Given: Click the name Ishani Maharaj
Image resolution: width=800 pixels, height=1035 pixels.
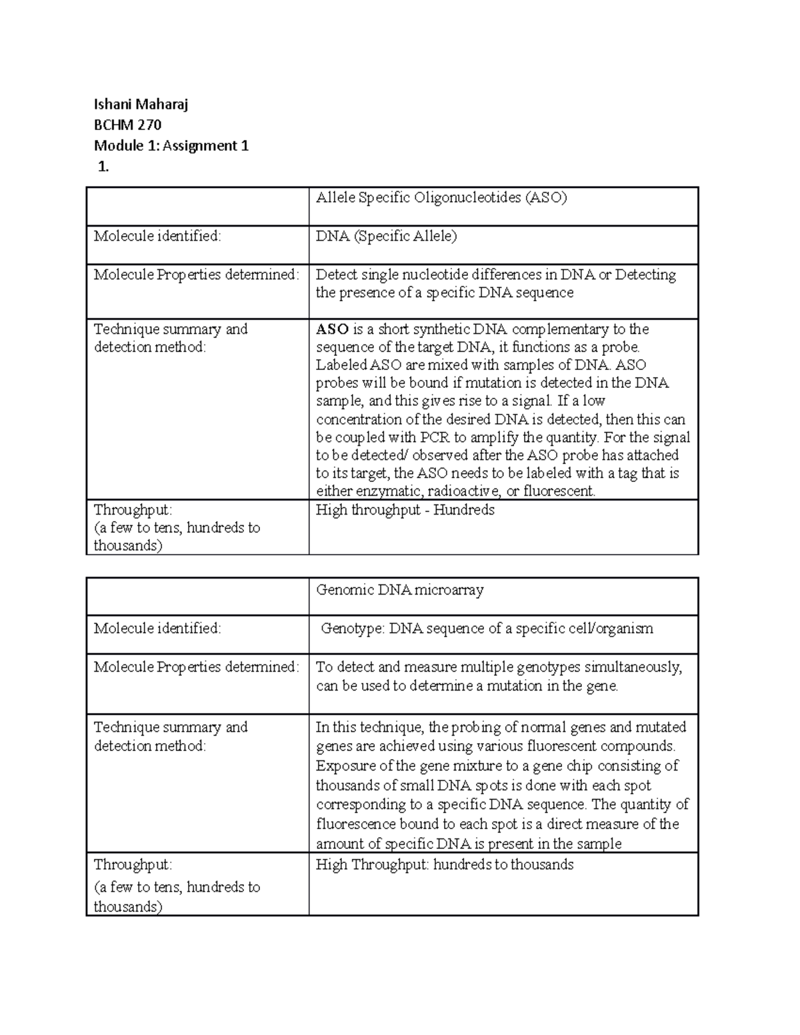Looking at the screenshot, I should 141,104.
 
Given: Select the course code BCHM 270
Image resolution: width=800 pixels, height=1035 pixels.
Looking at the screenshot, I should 127,125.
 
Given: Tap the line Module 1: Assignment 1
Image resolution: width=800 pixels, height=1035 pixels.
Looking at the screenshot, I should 171,145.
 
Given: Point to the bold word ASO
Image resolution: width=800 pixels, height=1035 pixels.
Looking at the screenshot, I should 332,329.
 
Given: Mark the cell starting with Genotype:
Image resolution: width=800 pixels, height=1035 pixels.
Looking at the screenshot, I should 487,628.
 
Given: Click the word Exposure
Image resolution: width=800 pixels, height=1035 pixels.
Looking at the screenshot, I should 345,766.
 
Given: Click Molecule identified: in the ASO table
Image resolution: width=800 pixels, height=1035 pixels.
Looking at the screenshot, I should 157,236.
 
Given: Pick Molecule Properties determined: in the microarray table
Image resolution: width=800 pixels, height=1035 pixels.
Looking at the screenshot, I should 196,667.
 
